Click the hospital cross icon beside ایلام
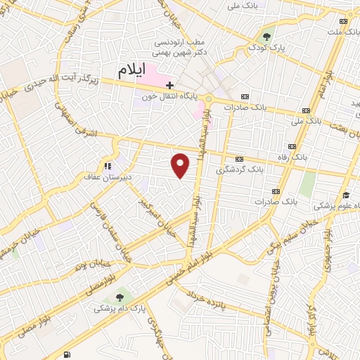click(169, 84)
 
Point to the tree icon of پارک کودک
click(266, 37)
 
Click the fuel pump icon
click(67, 354)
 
